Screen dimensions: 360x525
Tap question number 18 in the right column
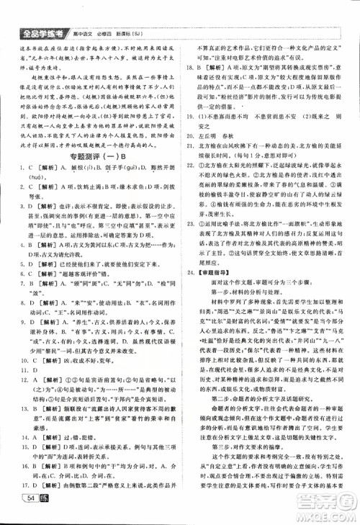pyautogui.click(x=192, y=88)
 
